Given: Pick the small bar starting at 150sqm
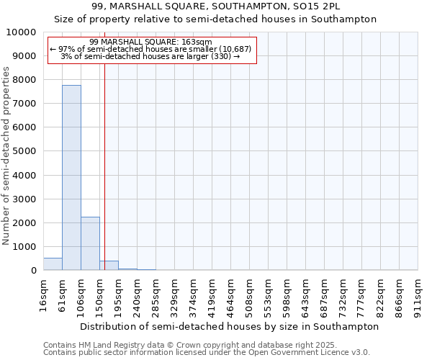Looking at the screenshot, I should tap(109, 266).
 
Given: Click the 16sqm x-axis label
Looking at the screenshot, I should tap(43, 294).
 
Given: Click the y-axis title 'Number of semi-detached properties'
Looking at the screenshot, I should tap(6, 156).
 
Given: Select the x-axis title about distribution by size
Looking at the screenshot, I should tap(230, 326).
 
